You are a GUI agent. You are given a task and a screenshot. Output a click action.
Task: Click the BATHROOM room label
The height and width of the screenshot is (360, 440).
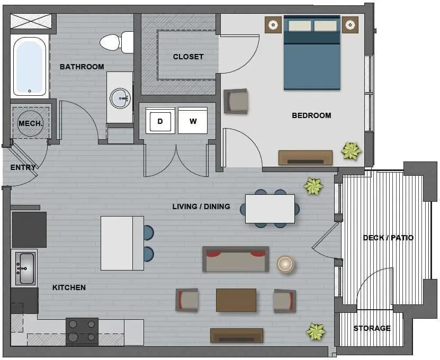(x=82, y=67)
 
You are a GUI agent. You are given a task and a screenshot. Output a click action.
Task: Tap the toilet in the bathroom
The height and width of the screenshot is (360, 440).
(x=116, y=42)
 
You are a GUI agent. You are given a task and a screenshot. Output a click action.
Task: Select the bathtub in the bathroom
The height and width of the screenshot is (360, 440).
(x=30, y=66)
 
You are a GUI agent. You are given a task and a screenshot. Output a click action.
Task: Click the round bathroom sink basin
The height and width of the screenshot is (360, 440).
(x=120, y=98)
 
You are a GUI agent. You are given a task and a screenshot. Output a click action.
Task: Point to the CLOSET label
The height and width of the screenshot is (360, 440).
(x=188, y=57)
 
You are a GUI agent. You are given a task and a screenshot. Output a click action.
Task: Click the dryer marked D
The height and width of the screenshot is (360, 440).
(x=160, y=121)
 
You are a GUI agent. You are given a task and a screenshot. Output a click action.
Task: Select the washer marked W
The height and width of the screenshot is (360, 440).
(x=193, y=121)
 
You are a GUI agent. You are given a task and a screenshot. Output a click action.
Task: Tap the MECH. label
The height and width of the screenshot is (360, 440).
(x=31, y=123)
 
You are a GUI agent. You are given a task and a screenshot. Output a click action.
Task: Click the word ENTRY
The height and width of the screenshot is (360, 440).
(x=23, y=167)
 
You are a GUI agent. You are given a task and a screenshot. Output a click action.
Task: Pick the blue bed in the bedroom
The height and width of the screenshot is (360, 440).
(x=312, y=53)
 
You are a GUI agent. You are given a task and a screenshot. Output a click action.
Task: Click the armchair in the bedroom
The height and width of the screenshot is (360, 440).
(x=236, y=101)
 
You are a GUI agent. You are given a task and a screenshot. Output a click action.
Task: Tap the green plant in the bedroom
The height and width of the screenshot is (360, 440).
(x=351, y=151)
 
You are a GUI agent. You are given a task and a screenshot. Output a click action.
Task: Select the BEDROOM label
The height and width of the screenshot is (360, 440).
(x=311, y=115)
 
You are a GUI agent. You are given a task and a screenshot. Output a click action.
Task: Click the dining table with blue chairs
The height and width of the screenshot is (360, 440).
(x=270, y=209)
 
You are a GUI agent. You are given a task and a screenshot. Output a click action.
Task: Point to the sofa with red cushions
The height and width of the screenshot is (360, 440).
(x=236, y=259)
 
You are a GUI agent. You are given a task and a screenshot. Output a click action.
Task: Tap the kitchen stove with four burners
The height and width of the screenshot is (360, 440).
(x=82, y=331)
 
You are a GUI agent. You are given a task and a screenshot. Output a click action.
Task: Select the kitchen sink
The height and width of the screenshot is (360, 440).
(x=25, y=268)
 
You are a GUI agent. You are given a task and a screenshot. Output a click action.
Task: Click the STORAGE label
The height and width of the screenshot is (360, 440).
(x=372, y=328)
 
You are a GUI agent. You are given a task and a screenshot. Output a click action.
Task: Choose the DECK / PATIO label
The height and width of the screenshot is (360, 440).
(x=388, y=238)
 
